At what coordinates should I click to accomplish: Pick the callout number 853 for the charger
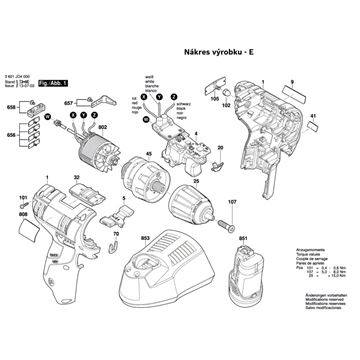click(x=146, y=237)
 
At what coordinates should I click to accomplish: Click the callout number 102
click(x=226, y=104)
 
